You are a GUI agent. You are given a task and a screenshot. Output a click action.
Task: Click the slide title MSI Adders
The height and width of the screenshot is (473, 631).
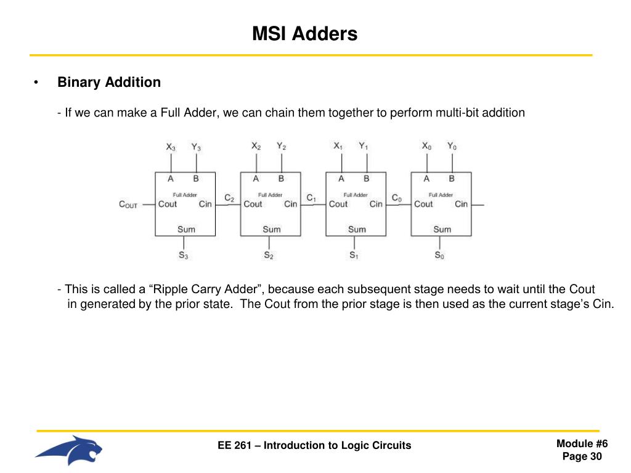[x=304, y=33]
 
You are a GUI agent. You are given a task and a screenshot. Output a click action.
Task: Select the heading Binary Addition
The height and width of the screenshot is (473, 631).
[x=109, y=82]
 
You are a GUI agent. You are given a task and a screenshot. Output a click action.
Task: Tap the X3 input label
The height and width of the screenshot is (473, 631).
[x=171, y=147]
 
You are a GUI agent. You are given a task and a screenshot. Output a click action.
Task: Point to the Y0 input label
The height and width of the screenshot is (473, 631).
[x=452, y=147]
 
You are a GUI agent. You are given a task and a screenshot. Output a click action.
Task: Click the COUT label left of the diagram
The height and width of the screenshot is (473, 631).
[x=128, y=204]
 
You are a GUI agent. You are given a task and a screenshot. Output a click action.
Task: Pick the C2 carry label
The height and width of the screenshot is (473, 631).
[x=229, y=198]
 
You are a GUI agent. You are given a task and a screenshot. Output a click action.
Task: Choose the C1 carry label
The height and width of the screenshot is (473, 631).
[x=311, y=198]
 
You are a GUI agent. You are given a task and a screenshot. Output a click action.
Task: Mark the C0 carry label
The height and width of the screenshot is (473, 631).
[x=397, y=198]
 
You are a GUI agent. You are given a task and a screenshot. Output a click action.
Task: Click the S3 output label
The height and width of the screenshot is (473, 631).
[x=184, y=255]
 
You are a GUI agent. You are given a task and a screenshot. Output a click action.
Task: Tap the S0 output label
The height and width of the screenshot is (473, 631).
[x=439, y=255]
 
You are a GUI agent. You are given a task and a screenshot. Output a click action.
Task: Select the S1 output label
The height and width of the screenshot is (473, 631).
[x=354, y=255]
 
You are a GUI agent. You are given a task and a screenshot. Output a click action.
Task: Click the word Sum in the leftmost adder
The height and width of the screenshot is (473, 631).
[x=186, y=229]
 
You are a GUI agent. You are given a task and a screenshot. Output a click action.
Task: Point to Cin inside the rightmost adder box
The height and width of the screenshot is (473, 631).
[x=461, y=204]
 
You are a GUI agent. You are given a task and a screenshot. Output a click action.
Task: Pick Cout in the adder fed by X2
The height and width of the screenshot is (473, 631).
[x=253, y=204]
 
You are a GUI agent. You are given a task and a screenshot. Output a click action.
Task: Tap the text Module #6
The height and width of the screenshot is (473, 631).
[x=582, y=444]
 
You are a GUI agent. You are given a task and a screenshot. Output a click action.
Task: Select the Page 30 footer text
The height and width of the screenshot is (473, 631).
[x=582, y=456]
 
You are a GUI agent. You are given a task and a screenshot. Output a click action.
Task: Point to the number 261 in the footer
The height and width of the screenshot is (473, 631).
[x=242, y=445]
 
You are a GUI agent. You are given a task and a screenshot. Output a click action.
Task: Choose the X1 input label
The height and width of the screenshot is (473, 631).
[x=338, y=147]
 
